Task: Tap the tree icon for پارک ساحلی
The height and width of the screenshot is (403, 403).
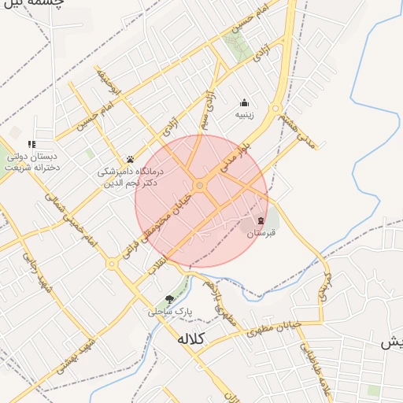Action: pos(169,298)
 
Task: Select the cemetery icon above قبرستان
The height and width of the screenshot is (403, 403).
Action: pos(261,220)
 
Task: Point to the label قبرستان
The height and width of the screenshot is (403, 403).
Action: pos(261,234)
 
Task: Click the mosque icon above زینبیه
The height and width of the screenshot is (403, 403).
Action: pos(244,102)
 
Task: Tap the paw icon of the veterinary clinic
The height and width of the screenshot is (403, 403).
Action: pos(130,159)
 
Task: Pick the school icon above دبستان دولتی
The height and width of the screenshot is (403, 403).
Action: pos(31,144)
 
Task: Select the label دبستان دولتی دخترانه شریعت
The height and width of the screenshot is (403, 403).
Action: pos(31,161)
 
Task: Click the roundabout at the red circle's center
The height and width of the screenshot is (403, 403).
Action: pos(201,186)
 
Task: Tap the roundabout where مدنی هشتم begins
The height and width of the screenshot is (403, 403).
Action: pos(276,109)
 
